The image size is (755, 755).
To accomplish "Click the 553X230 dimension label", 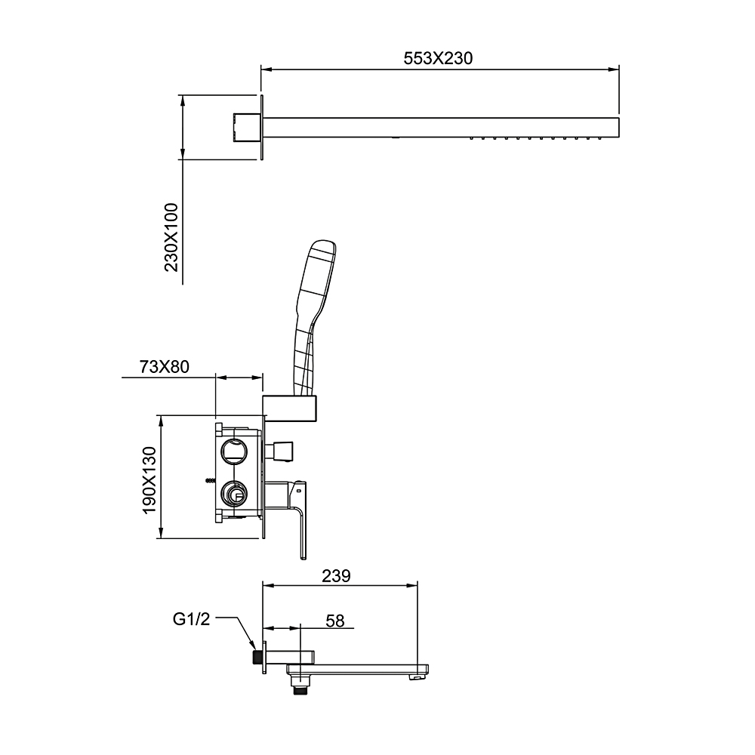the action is (438, 58).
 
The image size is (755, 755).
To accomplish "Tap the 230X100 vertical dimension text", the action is (171, 237).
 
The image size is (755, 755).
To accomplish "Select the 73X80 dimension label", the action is (164, 367).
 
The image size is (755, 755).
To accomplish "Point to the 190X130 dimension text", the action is (149, 480).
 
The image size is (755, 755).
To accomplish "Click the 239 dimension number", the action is (336, 576).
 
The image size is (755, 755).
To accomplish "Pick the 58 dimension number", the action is (335, 621).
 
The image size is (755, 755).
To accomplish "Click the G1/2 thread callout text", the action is (192, 619).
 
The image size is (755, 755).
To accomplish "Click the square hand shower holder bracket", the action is (290, 408).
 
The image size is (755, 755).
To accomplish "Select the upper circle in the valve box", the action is (233, 451).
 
